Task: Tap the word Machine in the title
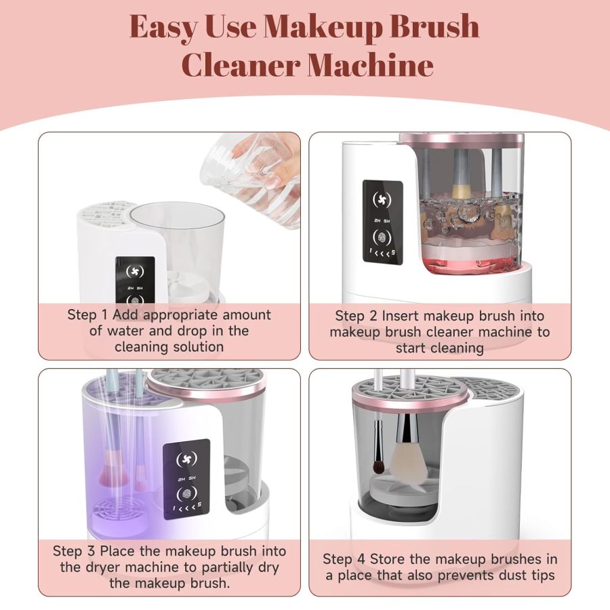pyautogui.click(x=371, y=66)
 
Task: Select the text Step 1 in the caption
pyautogui.click(x=88, y=315)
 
